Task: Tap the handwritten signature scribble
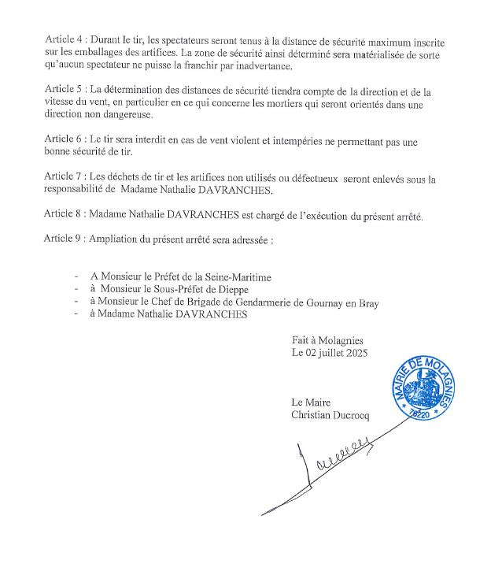tap(338, 469)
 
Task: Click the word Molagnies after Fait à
tap(340, 339)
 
